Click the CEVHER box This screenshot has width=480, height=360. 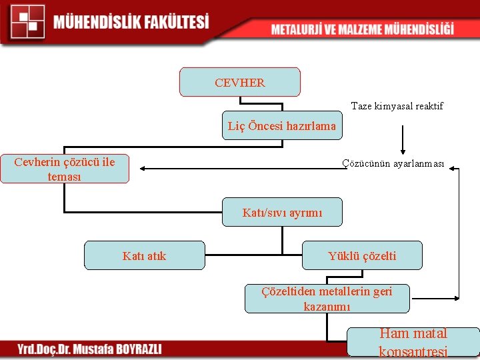click(x=240, y=82)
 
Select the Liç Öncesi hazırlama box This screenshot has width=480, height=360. click(x=282, y=125)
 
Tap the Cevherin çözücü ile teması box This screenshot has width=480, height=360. click(x=65, y=169)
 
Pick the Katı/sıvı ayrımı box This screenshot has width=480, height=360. click(x=282, y=212)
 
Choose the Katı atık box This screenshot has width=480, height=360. click(x=145, y=255)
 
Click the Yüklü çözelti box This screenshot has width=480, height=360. click(x=362, y=255)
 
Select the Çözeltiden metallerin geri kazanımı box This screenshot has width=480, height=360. click(x=327, y=299)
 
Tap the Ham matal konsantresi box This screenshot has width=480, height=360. click(x=413, y=342)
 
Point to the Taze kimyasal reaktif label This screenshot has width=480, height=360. click(x=397, y=106)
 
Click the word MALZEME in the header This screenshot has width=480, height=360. click(x=363, y=29)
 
